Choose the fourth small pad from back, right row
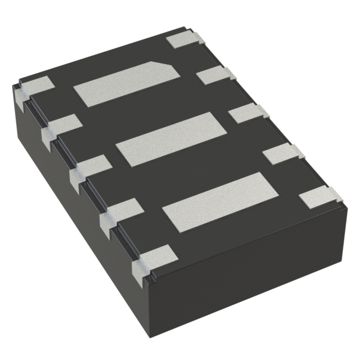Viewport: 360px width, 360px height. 281,152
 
